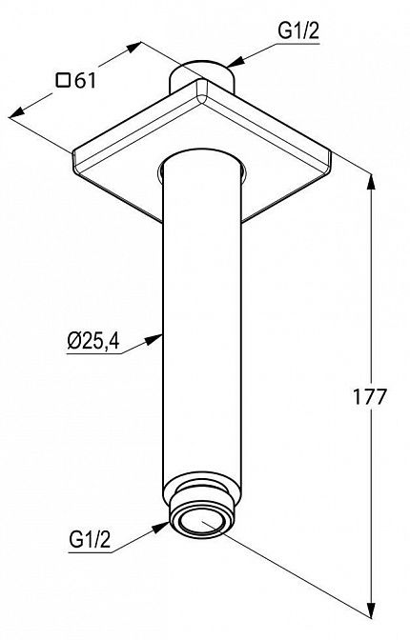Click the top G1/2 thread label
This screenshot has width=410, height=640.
tap(298, 31)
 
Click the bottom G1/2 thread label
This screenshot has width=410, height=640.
tap(90, 540)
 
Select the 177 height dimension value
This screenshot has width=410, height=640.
tap(370, 397)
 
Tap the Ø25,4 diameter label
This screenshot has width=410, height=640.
tap(93, 341)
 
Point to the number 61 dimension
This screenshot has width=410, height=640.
tap(85, 81)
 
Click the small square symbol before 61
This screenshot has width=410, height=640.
tap(63, 80)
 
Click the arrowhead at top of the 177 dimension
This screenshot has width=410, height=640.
tap(371, 182)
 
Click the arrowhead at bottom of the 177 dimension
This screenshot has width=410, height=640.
tap(371, 610)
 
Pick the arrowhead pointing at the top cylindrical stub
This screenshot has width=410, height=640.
tap(236, 63)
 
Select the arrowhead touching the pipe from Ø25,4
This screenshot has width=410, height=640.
tap(154, 340)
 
